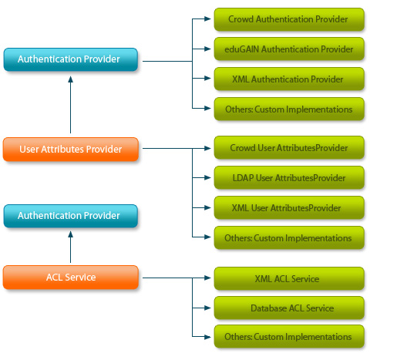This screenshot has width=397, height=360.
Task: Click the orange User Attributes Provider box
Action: (x=71, y=150)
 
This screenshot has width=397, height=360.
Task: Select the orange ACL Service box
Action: (x=71, y=277)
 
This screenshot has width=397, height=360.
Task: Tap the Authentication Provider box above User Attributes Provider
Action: (x=71, y=59)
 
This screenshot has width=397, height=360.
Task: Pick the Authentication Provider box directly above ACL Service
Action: (x=71, y=216)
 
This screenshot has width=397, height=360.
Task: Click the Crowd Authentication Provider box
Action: (x=288, y=19)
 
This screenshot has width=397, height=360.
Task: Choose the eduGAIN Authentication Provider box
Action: (x=288, y=49)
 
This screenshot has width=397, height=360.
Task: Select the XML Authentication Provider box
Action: (x=288, y=79)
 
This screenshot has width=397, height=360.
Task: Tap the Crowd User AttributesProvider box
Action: (x=288, y=147)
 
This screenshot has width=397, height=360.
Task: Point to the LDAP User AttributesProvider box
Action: (x=288, y=178)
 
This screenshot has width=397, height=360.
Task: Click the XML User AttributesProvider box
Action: (x=288, y=208)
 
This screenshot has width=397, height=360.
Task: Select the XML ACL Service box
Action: (x=288, y=278)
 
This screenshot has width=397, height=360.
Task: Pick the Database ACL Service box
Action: (x=288, y=308)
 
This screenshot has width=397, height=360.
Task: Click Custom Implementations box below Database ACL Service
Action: (x=288, y=337)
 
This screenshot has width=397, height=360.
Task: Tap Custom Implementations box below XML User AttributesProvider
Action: (x=288, y=238)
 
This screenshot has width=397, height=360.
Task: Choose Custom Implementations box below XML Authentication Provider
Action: (x=288, y=109)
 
